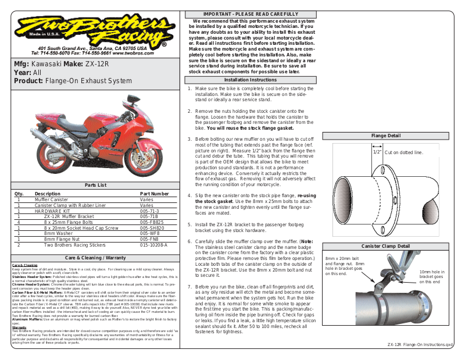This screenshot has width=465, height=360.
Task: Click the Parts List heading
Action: point(95,185)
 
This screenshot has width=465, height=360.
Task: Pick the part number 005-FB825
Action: point(152,222)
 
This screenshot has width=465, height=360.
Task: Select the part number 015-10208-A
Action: point(153,245)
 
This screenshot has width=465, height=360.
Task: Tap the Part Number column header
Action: point(155,193)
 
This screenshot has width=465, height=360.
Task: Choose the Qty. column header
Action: point(19,193)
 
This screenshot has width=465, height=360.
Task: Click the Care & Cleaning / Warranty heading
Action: point(95,257)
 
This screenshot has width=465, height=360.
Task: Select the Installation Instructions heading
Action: point(251,80)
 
